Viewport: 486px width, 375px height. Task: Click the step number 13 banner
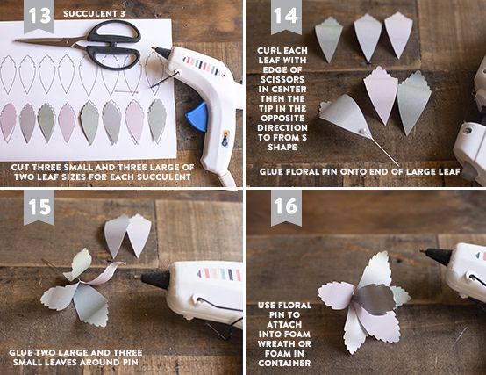point(39,16)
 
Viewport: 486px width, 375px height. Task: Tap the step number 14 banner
point(286,16)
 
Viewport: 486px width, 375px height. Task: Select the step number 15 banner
point(39,206)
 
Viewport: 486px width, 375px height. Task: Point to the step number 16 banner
point(286,206)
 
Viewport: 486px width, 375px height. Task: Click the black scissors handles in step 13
point(114,45)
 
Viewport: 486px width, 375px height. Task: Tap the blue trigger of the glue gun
point(197,117)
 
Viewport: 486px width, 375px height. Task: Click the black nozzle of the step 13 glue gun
point(161,53)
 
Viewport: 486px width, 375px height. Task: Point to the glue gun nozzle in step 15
point(155,279)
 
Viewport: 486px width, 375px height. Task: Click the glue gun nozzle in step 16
point(438,256)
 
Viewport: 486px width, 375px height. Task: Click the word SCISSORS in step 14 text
point(282,80)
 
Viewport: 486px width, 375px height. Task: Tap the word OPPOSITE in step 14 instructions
point(282,119)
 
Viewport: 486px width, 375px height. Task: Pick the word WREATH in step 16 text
point(284,344)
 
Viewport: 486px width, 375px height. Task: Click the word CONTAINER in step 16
point(284,364)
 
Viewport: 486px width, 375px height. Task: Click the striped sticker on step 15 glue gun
point(219,275)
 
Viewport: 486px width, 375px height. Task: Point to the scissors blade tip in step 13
point(15,40)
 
